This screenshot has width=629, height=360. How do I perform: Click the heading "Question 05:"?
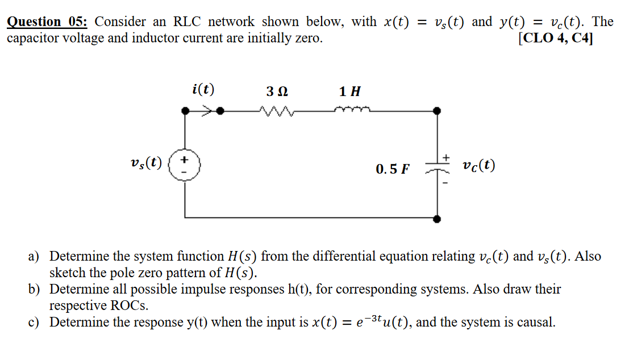pos(47,22)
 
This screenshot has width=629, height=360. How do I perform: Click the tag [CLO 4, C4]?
pos(555,39)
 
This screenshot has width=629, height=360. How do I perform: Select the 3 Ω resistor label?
pos(277,91)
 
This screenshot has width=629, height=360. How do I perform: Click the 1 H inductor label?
pos(349,91)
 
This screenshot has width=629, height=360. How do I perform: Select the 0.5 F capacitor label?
pos(392,169)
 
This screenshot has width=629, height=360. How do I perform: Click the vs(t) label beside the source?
pos(145,164)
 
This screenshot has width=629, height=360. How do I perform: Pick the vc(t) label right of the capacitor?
pos(478,166)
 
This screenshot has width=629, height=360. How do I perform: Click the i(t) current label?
pos(203,89)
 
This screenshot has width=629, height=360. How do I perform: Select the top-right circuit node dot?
pos(436,111)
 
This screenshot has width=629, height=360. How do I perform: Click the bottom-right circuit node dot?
pos(436,218)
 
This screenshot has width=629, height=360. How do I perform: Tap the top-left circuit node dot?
pos(185,111)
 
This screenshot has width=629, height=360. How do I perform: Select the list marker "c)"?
pos(34,323)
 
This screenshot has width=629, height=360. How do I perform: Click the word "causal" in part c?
pos(534,323)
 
